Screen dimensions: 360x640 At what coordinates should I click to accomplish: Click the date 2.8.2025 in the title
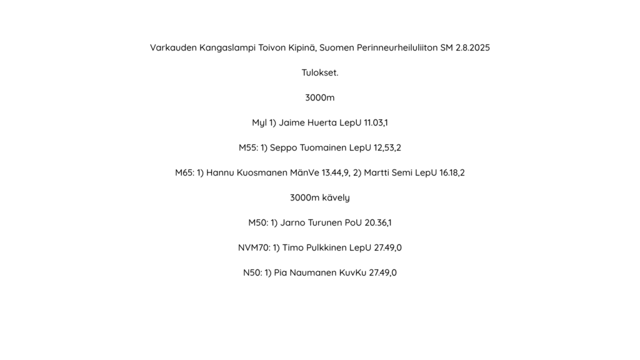point(472,47)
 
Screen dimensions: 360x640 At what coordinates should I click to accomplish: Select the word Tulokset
point(320,72)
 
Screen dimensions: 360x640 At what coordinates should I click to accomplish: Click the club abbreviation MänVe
point(304,172)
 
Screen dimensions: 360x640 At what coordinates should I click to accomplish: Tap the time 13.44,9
point(335,172)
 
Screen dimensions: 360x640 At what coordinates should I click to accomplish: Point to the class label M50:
point(258,222)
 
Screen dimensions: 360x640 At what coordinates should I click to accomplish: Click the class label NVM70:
point(254,247)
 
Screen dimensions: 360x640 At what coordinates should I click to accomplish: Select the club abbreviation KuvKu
point(352,272)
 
